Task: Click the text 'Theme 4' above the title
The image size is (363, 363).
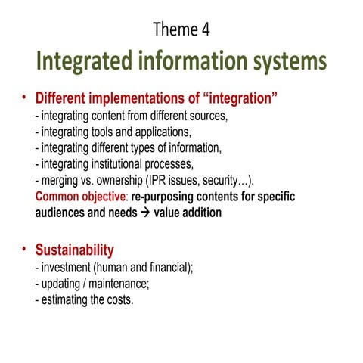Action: coord(181,29)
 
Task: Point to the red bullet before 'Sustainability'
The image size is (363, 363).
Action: coord(23,247)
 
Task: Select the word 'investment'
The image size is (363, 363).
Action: coord(72,268)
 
